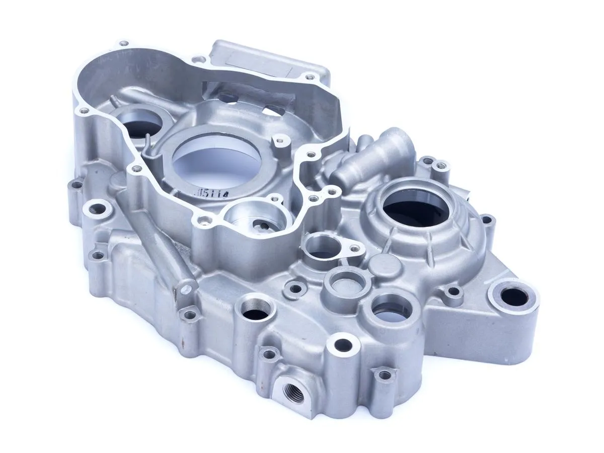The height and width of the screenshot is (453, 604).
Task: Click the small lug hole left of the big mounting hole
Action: pyautogui.click(x=454, y=291)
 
